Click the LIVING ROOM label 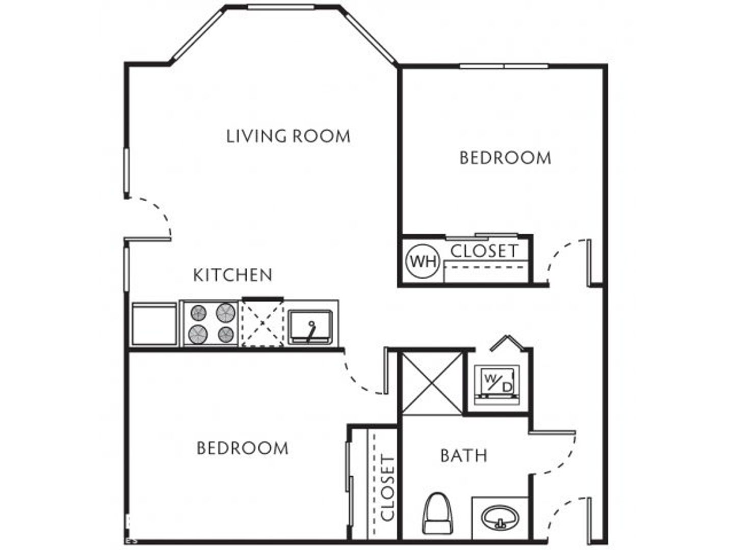tap(289, 136)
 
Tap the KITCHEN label tap(233, 275)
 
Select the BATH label tap(464, 455)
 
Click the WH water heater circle tap(423, 261)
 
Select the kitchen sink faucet tap(310, 332)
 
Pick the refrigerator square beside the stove tap(154, 323)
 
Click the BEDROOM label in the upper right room tap(505, 158)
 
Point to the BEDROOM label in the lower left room tap(243, 448)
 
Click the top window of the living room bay tap(281, 7)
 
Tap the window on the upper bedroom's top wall tap(504, 66)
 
